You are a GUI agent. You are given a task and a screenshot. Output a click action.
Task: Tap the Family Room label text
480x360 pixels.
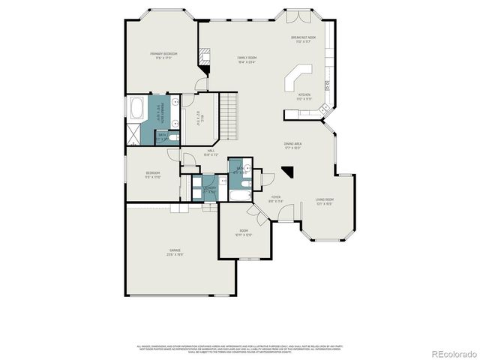[247, 59]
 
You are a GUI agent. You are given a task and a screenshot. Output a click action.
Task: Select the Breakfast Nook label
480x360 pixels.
[304, 39]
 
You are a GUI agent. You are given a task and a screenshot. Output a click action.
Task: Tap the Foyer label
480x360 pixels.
[275, 199]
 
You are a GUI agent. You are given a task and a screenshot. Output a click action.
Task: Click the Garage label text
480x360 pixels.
[175, 253]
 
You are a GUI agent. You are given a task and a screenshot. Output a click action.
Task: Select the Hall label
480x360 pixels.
[211, 152]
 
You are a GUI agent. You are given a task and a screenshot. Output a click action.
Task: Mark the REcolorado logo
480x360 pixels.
[451, 352]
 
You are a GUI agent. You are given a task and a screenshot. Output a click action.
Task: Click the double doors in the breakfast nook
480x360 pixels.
[292, 15]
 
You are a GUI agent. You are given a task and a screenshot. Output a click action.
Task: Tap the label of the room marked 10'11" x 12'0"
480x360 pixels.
[244, 233]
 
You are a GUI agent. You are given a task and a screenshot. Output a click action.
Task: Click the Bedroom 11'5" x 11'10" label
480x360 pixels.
[154, 175]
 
